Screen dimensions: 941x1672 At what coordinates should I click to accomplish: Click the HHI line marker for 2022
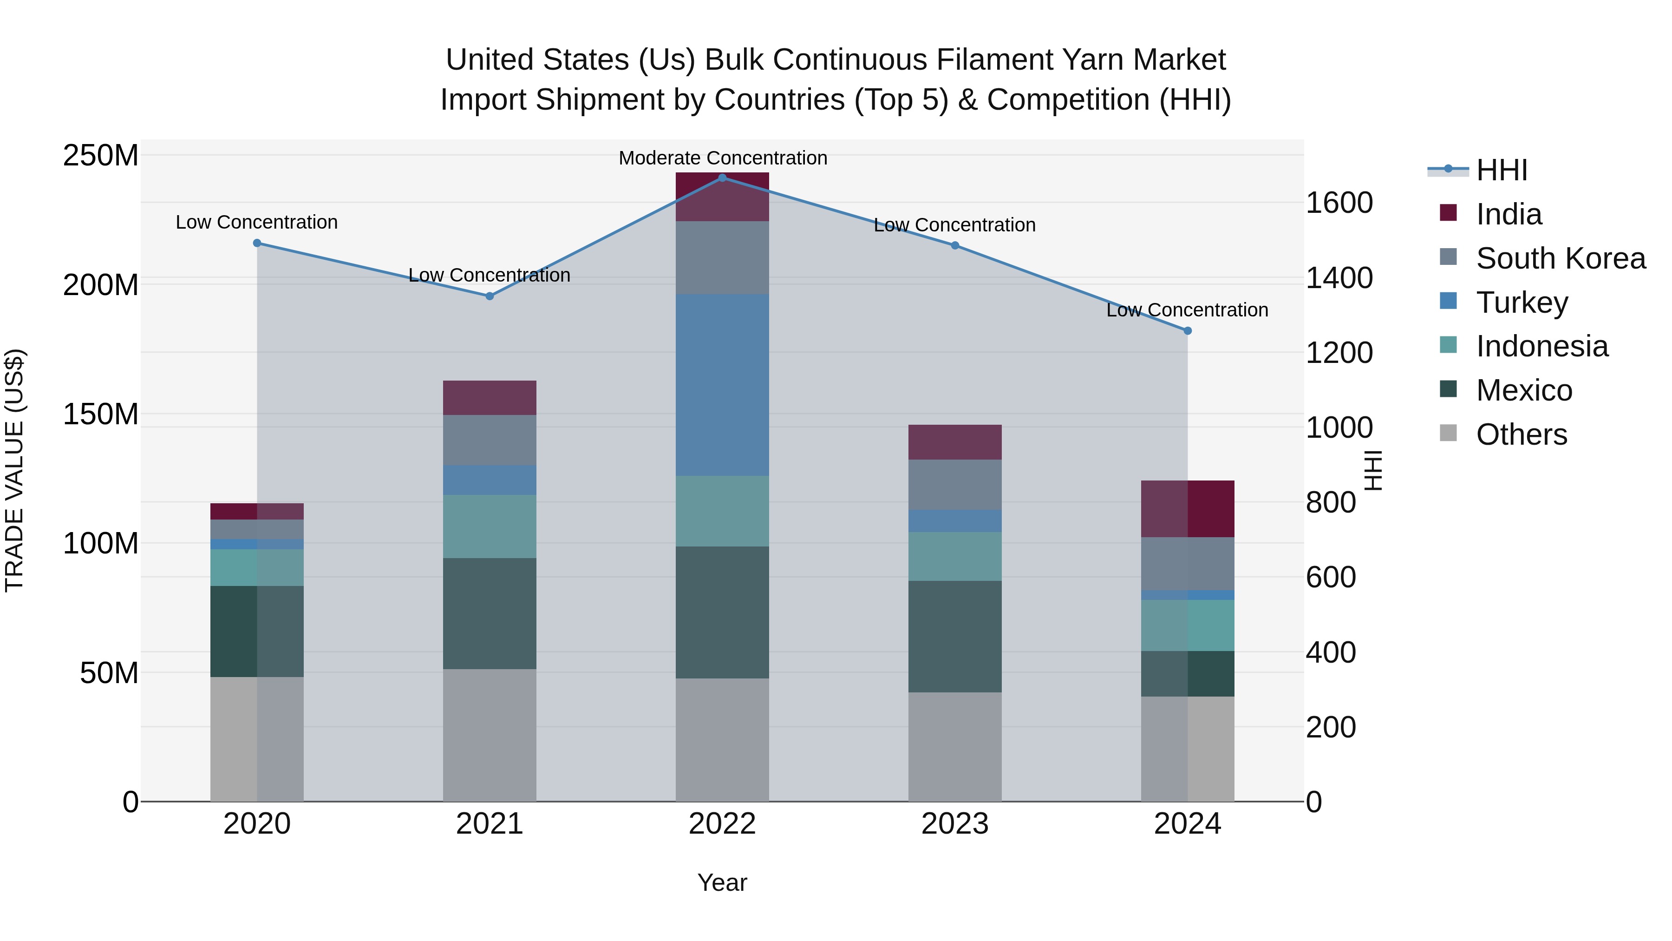pyautogui.click(x=722, y=178)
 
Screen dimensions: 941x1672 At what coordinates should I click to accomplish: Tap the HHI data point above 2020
pyautogui.click(x=257, y=243)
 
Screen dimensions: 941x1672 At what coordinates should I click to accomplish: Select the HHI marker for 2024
pyautogui.click(x=1187, y=330)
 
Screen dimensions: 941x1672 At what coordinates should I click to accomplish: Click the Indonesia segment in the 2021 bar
pyautogui.click(x=490, y=526)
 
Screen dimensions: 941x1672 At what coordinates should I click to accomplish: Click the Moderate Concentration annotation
pyautogui.click(x=722, y=158)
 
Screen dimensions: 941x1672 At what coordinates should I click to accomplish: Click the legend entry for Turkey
pyautogui.click(x=1522, y=303)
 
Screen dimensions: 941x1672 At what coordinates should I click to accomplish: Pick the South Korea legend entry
pyautogui.click(x=1561, y=258)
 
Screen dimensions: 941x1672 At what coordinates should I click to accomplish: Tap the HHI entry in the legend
pyautogui.click(x=1501, y=170)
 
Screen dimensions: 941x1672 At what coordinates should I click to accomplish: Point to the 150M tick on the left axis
pyautogui.click(x=101, y=414)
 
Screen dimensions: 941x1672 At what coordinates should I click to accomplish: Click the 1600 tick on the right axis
pyautogui.click(x=1339, y=203)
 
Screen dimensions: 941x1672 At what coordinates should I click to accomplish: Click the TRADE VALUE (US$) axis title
pyautogui.click(x=15, y=470)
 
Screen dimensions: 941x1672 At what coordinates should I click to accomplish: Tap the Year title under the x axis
pyautogui.click(x=722, y=882)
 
